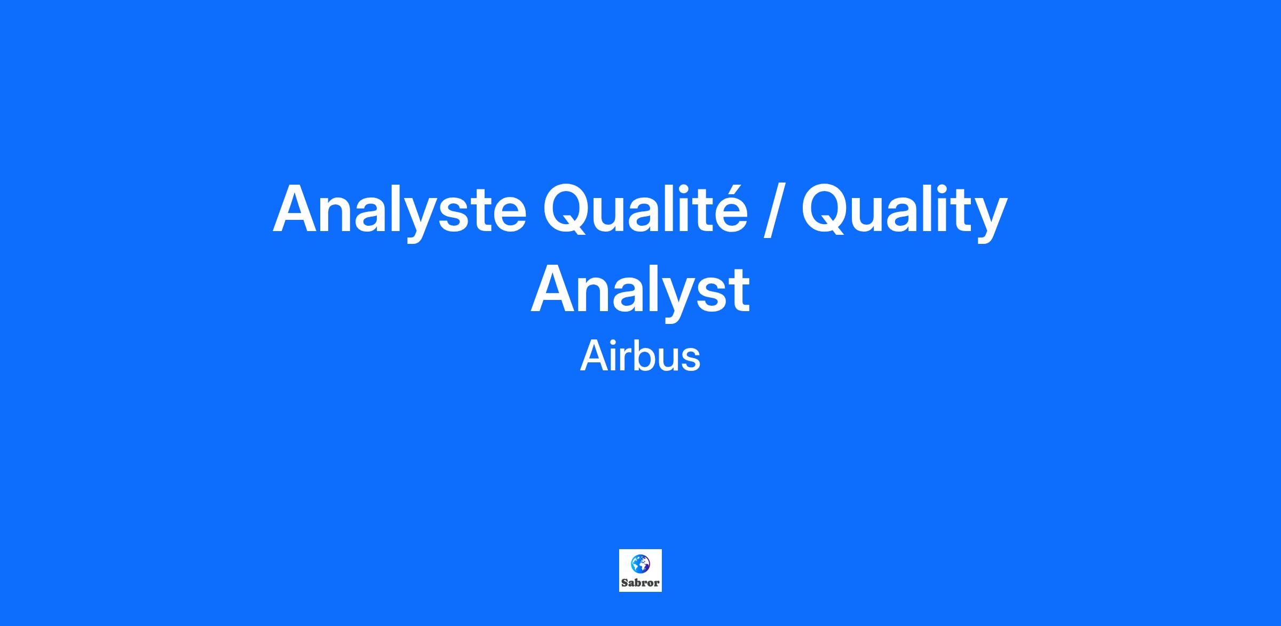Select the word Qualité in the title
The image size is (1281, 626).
[645, 209]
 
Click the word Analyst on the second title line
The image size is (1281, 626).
[640, 291]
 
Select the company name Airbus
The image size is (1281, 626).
[640, 356]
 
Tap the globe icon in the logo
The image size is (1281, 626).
[640, 564]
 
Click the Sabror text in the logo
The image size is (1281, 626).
[640, 583]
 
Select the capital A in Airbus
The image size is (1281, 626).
[595, 356]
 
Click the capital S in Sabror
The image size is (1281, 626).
[624, 583]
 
